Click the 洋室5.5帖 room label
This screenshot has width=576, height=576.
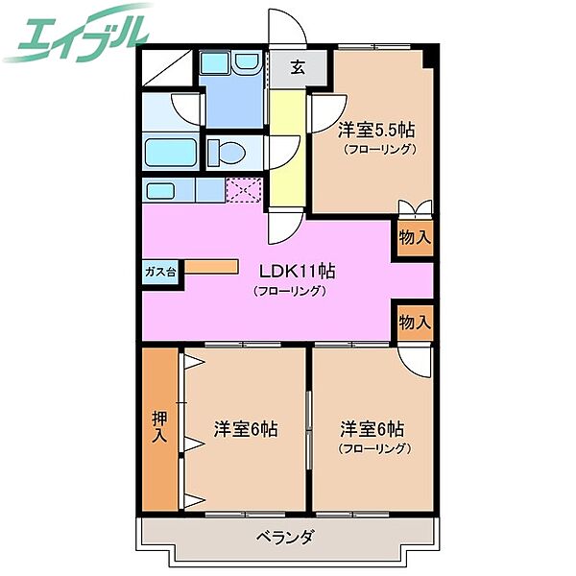tap(376, 130)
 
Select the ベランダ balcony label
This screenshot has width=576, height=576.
tap(285, 537)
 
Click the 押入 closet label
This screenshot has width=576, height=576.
tap(159, 427)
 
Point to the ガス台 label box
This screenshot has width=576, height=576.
tap(159, 271)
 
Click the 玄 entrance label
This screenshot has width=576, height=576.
tap(299, 67)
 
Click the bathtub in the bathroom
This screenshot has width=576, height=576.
tap(171, 152)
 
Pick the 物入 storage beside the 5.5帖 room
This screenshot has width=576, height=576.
tap(413, 237)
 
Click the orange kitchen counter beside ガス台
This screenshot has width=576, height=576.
tap(210, 266)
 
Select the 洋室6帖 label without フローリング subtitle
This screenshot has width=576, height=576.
tap(245, 429)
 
